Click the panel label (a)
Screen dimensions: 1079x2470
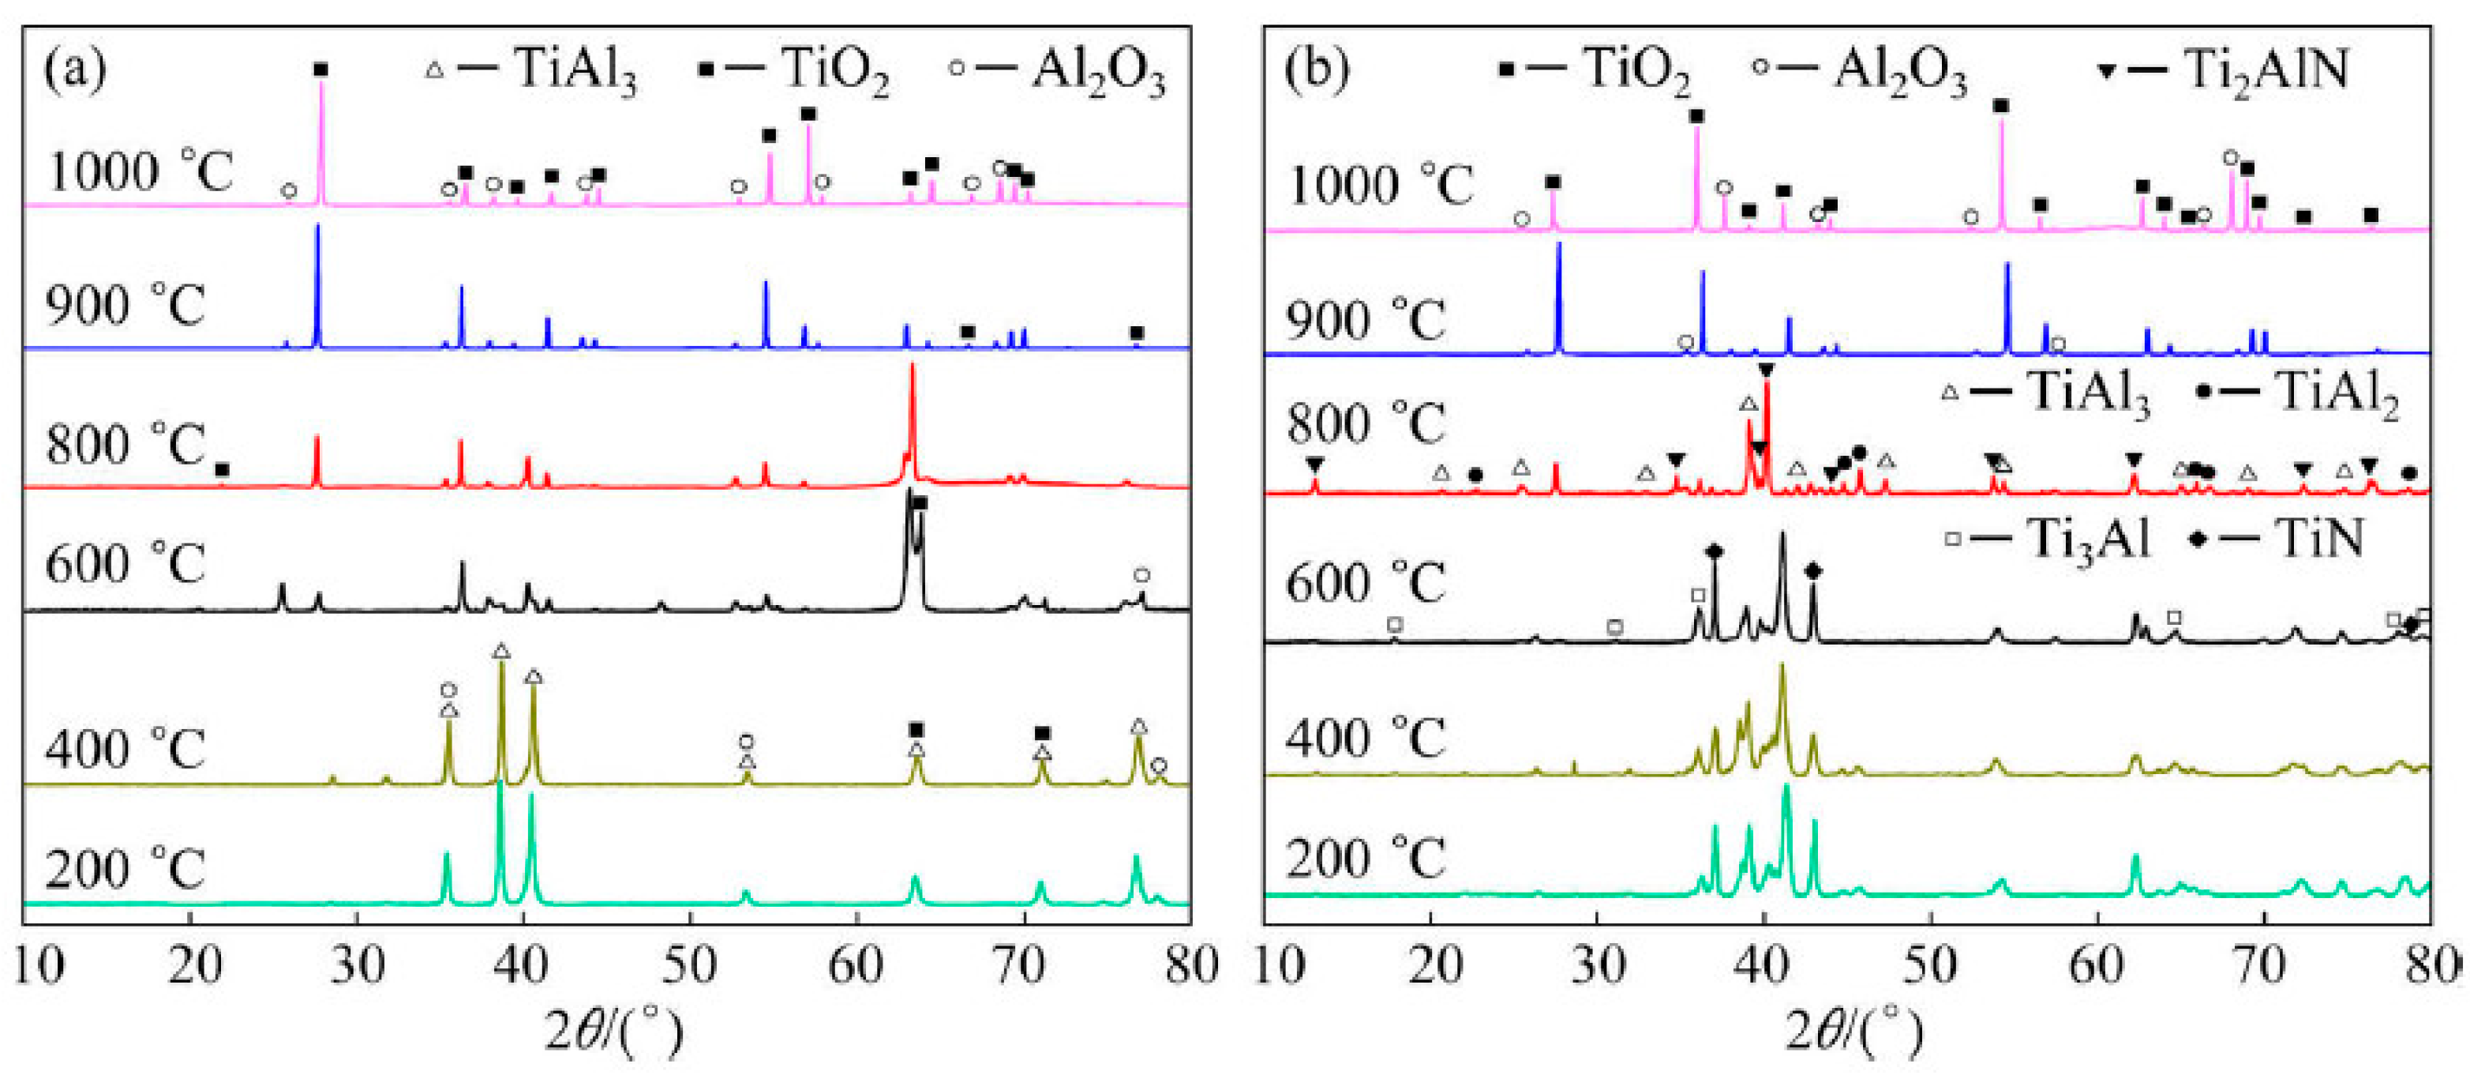[75, 71]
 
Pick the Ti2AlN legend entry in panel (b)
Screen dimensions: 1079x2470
[2224, 69]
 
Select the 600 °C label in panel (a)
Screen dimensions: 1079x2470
[125, 563]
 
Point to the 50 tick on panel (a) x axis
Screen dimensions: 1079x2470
[689, 964]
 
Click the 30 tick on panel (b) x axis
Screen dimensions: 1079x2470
[1596, 964]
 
